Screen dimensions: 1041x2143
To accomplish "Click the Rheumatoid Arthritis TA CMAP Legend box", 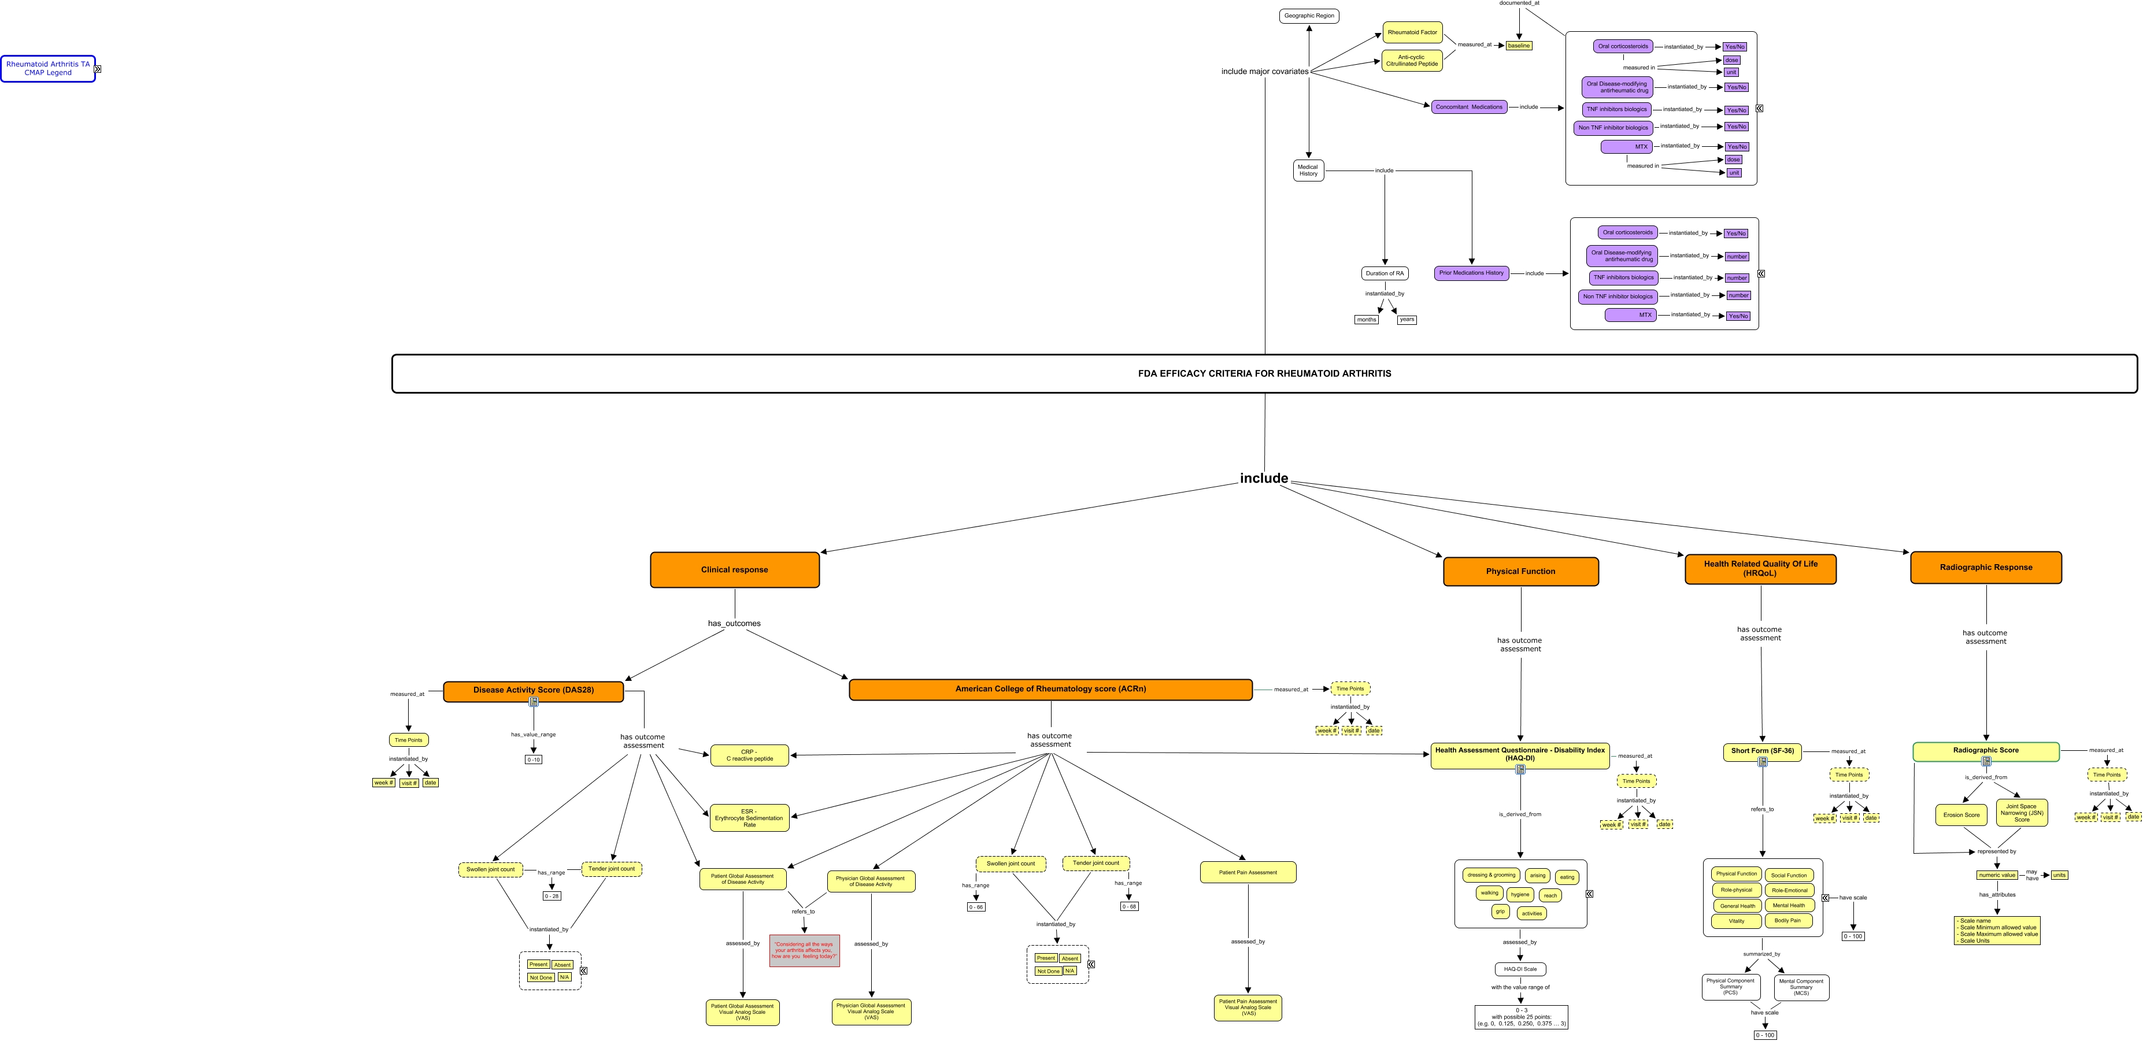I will (x=48, y=68).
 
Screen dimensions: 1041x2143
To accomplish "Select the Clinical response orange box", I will (x=735, y=569).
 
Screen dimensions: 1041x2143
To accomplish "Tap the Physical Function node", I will (x=1521, y=571).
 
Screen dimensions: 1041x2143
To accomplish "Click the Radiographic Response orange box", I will (x=1986, y=567).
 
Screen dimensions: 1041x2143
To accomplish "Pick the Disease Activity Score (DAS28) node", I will (x=533, y=690).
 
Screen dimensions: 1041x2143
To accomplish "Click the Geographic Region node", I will (x=1309, y=16).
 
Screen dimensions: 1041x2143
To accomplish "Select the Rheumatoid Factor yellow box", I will (x=1412, y=32).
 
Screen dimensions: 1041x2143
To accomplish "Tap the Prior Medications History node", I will (x=1471, y=273).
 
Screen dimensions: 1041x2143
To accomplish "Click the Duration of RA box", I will (x=1385, y=273).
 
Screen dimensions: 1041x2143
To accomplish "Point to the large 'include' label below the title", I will (x=1264, y=478).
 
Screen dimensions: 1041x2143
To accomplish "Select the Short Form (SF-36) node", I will (x=1762, y=751).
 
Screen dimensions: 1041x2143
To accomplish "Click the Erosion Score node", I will (x=1961, y=815).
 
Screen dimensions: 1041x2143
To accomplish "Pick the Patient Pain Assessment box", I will (x=1248, y=872).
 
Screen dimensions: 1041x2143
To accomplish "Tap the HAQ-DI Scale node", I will (x=1520, y=969).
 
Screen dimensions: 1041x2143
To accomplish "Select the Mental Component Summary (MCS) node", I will (x=1801, y=987).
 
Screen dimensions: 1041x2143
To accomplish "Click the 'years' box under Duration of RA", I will (x=1407, y=319).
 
